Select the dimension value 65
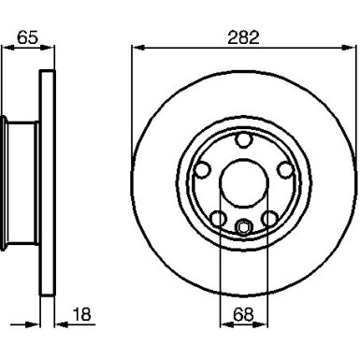pos(27,36)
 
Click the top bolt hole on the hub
pos(244,141)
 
